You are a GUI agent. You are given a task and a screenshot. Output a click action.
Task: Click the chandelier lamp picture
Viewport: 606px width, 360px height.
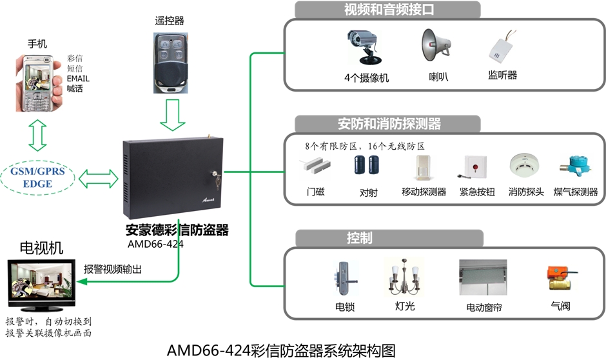[404, 278]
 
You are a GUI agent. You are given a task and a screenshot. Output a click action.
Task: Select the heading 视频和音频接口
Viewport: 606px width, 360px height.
[387, 10]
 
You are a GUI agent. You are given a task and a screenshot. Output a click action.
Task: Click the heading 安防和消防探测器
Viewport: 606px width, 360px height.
[389, 123]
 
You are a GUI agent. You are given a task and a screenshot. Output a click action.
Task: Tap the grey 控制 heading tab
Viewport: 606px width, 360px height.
[358, 237]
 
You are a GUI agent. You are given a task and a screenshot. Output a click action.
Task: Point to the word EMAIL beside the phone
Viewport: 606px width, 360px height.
[78, 79]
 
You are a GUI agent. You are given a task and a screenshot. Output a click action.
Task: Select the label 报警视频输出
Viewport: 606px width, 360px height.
[113, 268]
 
